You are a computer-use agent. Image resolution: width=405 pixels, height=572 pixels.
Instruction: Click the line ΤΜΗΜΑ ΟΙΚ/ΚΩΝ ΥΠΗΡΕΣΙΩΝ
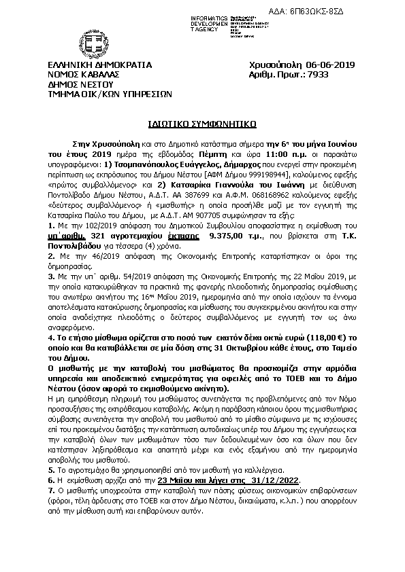pyautogui.click(x=110, y=94)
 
